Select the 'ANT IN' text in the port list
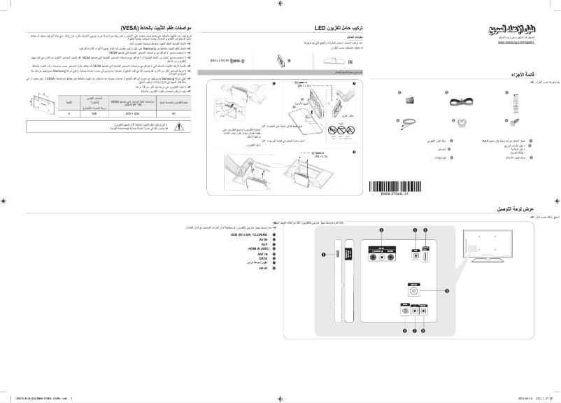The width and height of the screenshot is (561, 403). (x=262, y=253)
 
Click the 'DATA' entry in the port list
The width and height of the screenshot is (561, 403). (x=263, y=257)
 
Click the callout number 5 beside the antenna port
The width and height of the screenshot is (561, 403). (x=447, y=290)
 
